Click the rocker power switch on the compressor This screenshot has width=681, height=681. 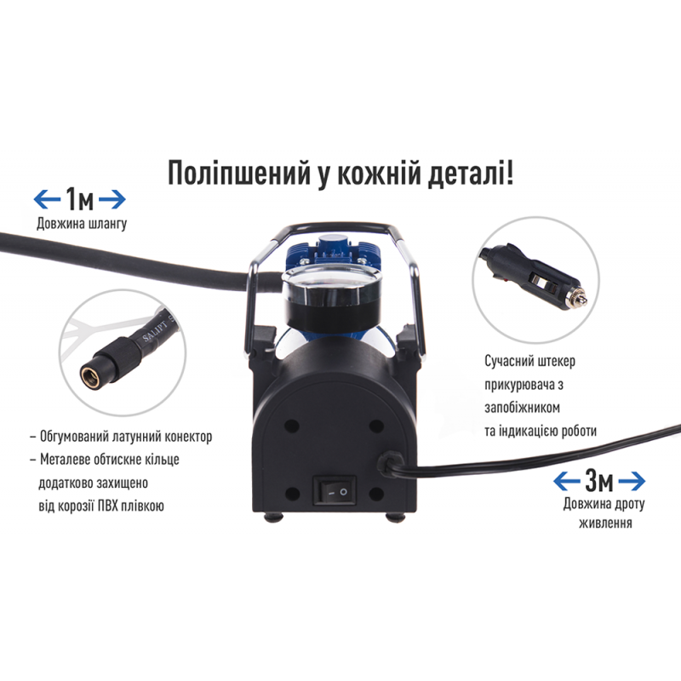pyautogui.click(x=335, y=491)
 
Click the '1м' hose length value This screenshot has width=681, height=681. pyautogui.click(x=79, y=199)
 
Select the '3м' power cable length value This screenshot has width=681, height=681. pyautogui.click(x=599, y=481)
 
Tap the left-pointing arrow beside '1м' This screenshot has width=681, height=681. pyautogui.click(x=48, y=199)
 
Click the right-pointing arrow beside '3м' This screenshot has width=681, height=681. pyautogui.click(x=632, y=481)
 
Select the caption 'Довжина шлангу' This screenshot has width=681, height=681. pyautogui.click(x=82, y=224)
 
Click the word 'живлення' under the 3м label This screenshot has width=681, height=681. pyautogui.click(x=605, y=523)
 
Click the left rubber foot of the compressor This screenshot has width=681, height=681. pyautogui.click(x=271, y=517)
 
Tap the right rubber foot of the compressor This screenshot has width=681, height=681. pyautogui.click(x=396, y=517)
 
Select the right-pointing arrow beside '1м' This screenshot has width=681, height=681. pyautogui.click(x=112, y=199)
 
